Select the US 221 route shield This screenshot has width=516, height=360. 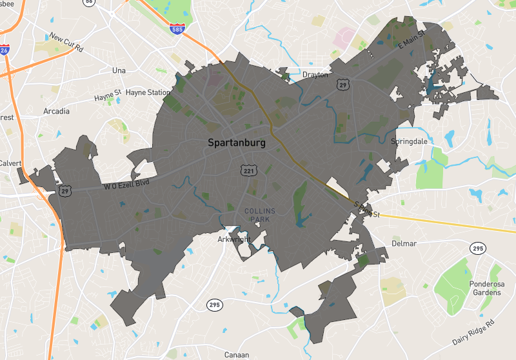pyautogui.click(x=248, y=170)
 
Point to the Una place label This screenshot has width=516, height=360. pyautogui.click(x=119, y=70)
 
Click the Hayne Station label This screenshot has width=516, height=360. pyautogui.click(x=148, y=92)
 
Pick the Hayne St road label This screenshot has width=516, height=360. pyautogui.click(x=108, y=97)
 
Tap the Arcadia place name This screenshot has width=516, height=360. pyautogui.click(x=56, y=111)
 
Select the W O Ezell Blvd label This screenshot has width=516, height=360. pyautogui.click(x=130, y=185)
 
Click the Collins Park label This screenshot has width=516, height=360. pyautogui.click(x=260, y=215)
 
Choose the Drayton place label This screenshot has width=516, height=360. pyautogui.click(x=315, y=75)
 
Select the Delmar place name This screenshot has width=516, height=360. pyautogui.click(x=404, y=244)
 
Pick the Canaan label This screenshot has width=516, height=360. pyautogui.click(x=236, y=355)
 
